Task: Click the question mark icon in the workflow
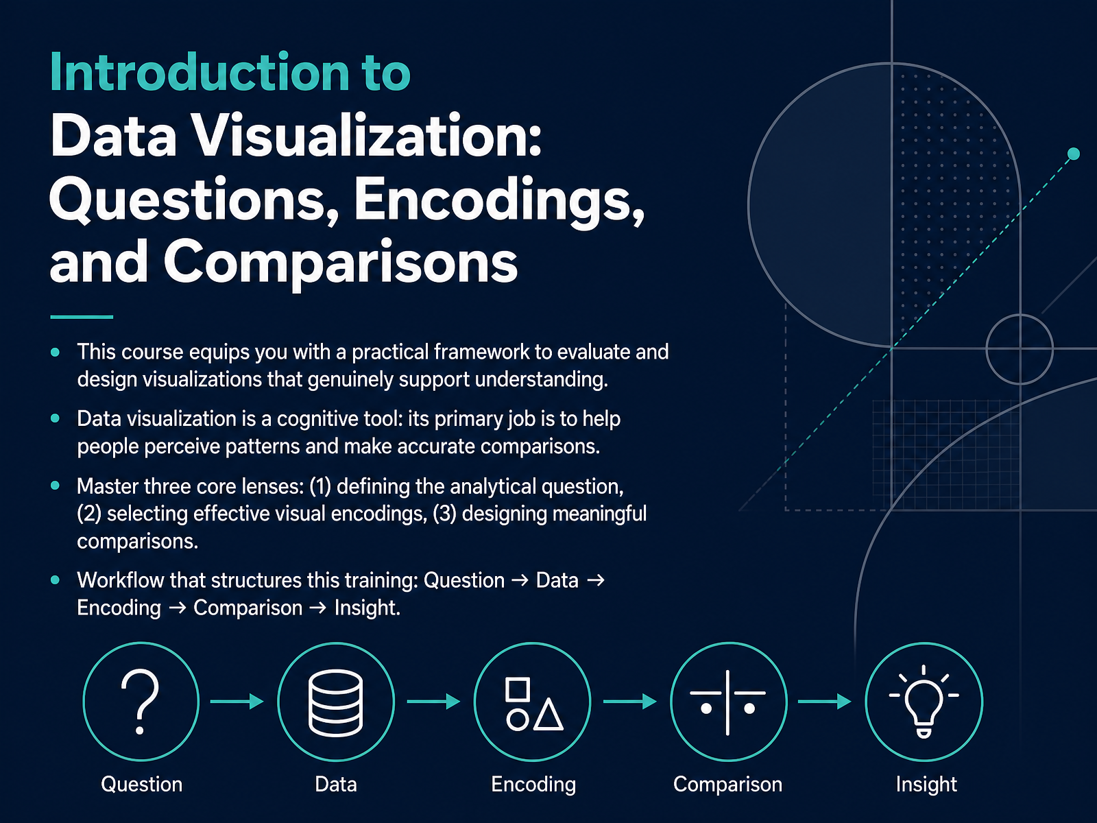click(x=141, y=702)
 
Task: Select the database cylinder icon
click(x=336, y=703)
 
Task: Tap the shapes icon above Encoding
click(x=533, y=704)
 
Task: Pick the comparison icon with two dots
click(x=727, y=702)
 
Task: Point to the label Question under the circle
click(x=141, y=784)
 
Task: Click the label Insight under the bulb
click(x=926, y=784)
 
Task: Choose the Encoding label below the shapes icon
click(x=533, y=785)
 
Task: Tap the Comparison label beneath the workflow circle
click(x=727, y=785)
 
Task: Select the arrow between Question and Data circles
click(x=237, y=702)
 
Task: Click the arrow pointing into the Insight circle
click(x=825, y=702)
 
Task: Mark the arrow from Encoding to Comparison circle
click(x=629, y=702)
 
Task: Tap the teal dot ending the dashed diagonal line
click(x=1073, y=154)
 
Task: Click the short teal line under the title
click(x=82, y=317)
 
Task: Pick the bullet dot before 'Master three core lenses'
click(x=56, y=486)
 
